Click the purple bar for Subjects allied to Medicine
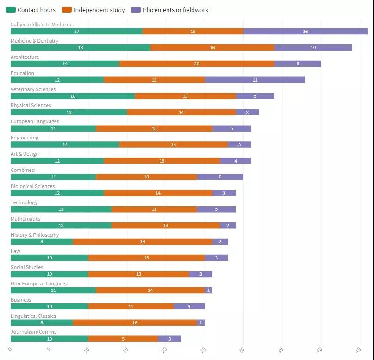point(305,32)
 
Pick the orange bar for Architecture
point(197,64)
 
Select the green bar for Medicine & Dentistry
point(81,48)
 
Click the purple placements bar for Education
point(255,80)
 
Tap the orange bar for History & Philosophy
point(143,242)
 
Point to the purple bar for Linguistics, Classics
point(200,322)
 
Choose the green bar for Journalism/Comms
point(50,339)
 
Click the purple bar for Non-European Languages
point(209,291)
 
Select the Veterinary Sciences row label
point(33,89)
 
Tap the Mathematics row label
point(26,219)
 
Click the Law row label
point(16,251)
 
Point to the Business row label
point(21,300)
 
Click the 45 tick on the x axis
point(358,350)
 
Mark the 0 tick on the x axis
point(10,349)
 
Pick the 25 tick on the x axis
point(203,350)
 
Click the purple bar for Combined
point(220,177)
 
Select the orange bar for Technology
point(154,209)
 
